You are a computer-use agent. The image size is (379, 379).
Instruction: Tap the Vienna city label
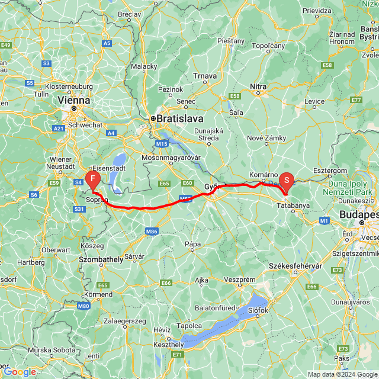tap(74, 101)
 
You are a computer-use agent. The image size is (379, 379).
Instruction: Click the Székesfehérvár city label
tap(296, 266)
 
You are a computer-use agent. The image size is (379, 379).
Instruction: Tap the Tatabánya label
tap(294, 205)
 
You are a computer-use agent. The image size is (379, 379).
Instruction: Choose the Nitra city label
tap(258, 86)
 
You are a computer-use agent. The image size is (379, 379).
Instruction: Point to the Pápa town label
tap(192, 243)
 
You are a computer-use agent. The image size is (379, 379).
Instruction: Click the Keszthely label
tap(168, 345)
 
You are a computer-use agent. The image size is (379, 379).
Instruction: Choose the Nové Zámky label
tap(266, 138)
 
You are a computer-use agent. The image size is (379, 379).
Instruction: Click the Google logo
tap(20, 372)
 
